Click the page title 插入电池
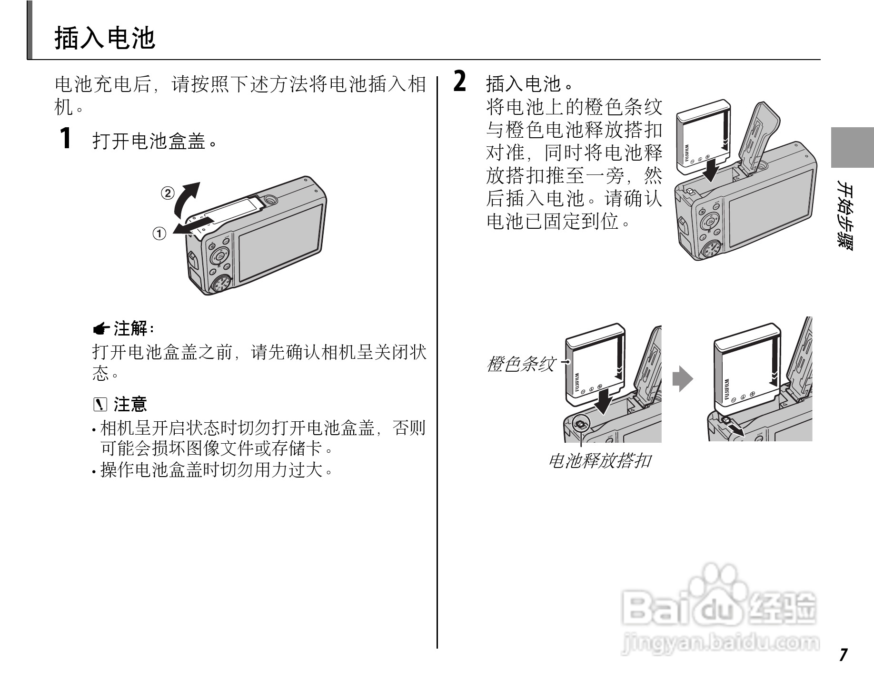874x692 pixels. coord(105,38)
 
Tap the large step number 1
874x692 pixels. coord(66,138)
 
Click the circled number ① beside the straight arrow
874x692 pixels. coord(159,234)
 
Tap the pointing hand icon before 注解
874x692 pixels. coord(101,328)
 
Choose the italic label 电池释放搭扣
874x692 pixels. coord(600,461)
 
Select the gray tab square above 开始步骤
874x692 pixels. coord(852,147)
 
